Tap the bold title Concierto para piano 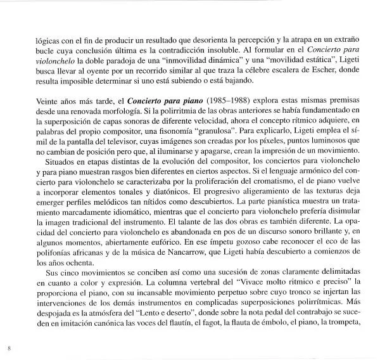coord(120,100)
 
